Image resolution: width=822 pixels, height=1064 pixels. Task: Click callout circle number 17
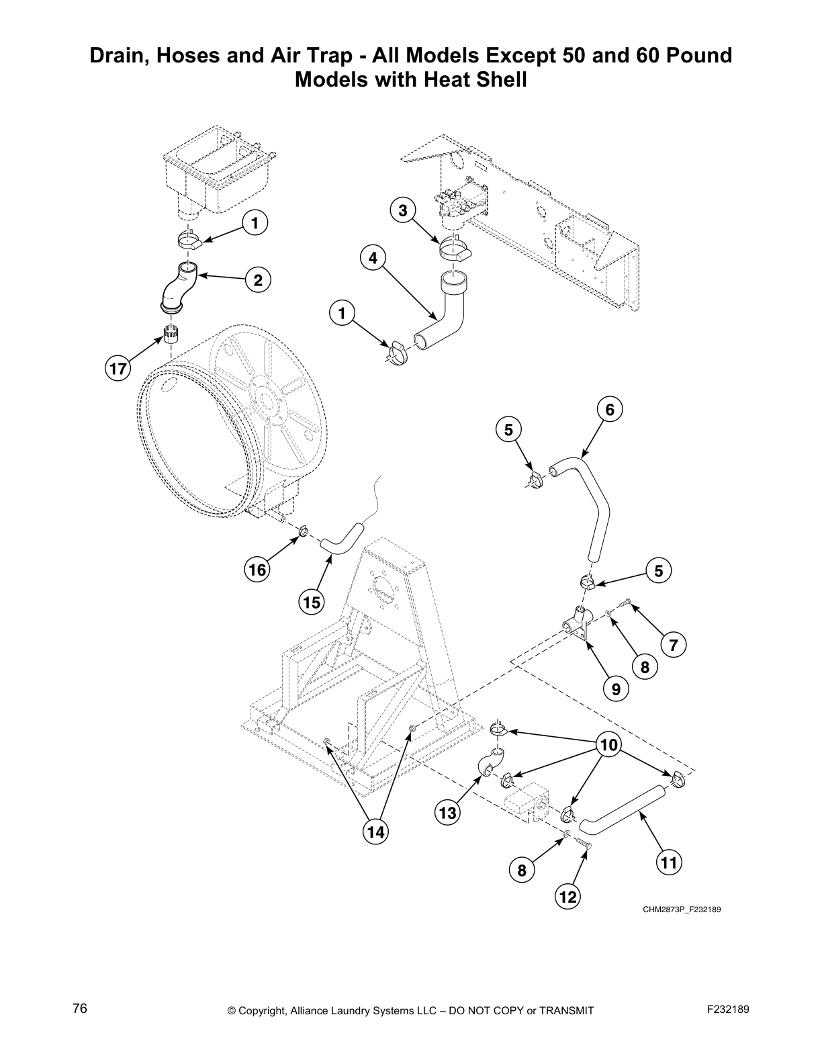tap(118, 369)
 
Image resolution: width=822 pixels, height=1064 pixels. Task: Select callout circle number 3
tap(402, 211)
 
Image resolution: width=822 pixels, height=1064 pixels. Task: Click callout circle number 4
tap(373, 257)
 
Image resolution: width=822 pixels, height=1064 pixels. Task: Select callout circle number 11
tap(669, 862)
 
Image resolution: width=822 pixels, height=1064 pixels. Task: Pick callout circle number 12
tap(567, 897)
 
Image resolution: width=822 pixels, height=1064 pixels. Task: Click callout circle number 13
tap(448, 813)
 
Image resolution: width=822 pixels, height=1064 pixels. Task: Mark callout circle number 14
tap(375, 832)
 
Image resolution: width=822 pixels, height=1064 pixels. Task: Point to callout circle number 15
tap(312, 603)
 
